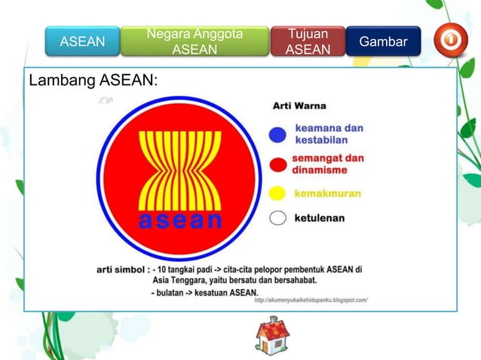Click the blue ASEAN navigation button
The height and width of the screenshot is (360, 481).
[81, 42]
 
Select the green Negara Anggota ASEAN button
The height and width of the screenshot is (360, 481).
[195, 42]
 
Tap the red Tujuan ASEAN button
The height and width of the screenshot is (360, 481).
[308, 42]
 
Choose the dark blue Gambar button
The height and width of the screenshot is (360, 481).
[383, 42]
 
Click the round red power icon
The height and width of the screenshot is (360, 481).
[450, 41]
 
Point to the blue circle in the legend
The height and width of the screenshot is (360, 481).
[277, 134]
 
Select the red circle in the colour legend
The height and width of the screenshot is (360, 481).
[277, 164]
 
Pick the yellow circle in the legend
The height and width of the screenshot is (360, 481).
[277, 193]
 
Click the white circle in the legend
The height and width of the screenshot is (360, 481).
[277, 218]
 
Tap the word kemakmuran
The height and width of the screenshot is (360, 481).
[327, 194]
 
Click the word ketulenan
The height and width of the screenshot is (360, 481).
[320, 218]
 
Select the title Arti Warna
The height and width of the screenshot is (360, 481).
[299, 106]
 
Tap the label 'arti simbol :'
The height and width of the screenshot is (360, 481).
[123, 268]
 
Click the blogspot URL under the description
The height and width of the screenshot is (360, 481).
[311, 300]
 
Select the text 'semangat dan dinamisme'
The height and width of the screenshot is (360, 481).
[328, 164]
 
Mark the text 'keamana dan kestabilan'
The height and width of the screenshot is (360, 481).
[329, 134]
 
